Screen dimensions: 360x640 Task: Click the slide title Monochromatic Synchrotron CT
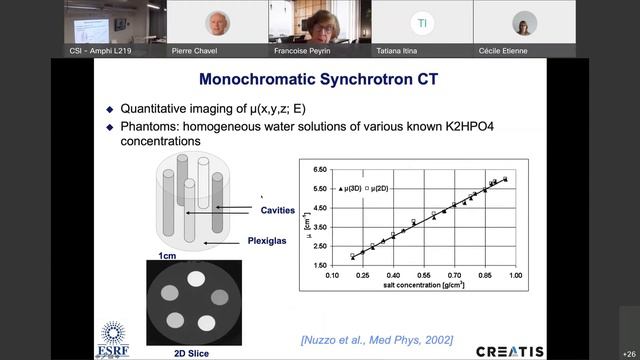(321, 78)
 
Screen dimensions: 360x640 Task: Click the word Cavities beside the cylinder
(277, 210)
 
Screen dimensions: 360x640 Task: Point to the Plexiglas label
(270, 241)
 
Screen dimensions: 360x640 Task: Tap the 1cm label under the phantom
(168, 257)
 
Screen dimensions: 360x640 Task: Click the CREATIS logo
(509, 351)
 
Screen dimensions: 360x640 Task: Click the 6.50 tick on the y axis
(321, 171)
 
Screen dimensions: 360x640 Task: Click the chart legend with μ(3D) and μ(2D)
(372, 188)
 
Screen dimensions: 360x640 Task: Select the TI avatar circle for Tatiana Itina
(422, 23)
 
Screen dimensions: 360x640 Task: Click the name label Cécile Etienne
(523, 50)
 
